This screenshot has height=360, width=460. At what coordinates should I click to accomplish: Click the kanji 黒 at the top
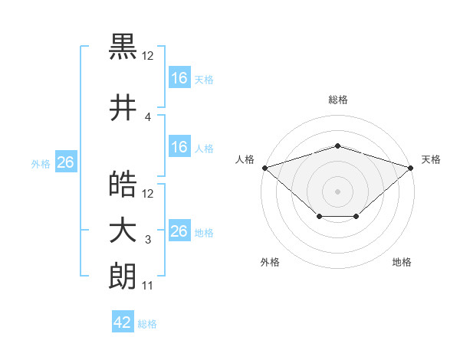pos(123,47)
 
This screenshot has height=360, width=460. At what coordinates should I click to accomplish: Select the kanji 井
pos(123,107)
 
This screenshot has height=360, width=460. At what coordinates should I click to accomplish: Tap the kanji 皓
pos(123,184)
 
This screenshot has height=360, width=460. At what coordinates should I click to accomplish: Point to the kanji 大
pos(123,232)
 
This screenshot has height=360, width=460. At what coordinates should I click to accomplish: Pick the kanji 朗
pos(123,276)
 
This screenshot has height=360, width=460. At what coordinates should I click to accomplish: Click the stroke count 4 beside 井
pos(147,117)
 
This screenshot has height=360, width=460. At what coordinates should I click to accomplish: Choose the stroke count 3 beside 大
pos(148,240)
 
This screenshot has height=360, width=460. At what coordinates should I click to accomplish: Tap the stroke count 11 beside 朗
pos(147,286)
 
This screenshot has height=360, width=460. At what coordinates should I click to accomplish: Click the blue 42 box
pos(123,321)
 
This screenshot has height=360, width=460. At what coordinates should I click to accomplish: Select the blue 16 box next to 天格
pos(179,77)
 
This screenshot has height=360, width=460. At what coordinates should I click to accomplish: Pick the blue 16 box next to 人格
pos(179,146)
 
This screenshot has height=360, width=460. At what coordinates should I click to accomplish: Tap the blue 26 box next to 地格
pos(179,230)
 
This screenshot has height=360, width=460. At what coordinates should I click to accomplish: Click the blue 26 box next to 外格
pos(66,162)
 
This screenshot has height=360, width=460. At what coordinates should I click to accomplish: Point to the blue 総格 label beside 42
pos(147,324)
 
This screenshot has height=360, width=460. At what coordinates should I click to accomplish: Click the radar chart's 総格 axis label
pos(338,100)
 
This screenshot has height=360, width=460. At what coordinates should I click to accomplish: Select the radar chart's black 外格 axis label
pos(270,262)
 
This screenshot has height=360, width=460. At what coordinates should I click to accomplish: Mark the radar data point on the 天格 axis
pos(411,168)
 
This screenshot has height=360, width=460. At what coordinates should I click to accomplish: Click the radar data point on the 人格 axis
pos(265,168)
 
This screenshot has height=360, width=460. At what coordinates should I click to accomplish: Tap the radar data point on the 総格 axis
pos(337,146)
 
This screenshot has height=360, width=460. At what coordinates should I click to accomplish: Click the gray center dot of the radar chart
pos(337,191)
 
